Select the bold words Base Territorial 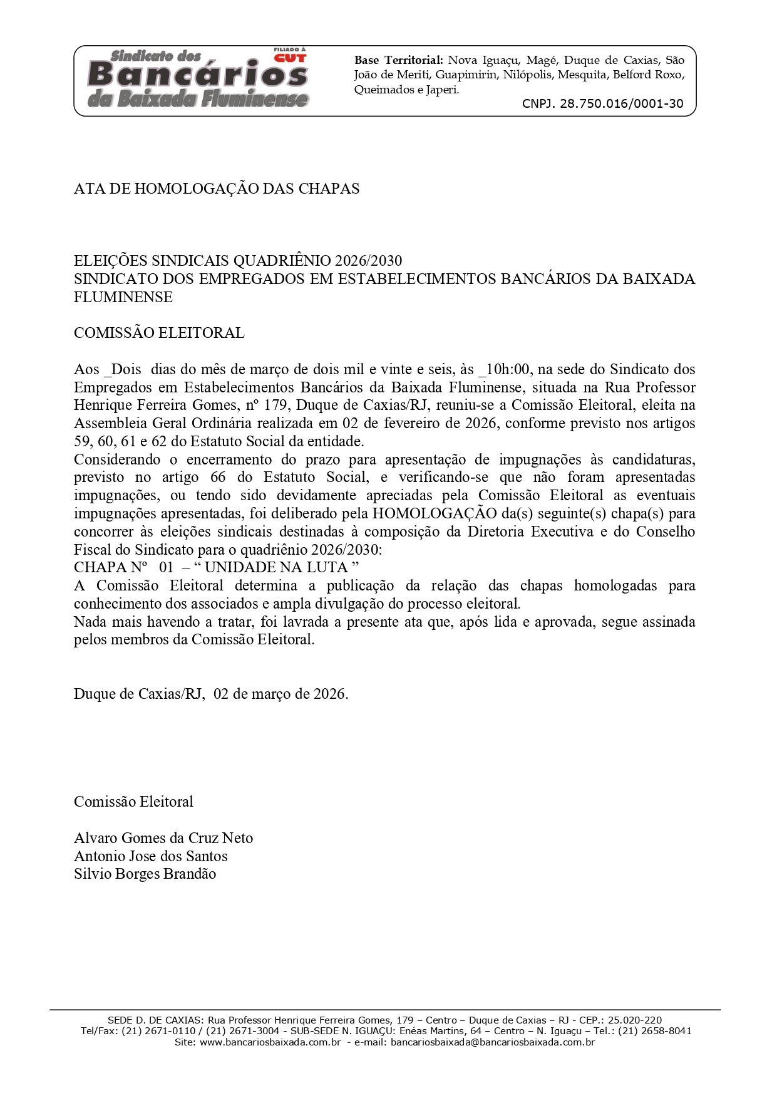[399, 60]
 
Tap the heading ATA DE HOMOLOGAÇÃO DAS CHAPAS [217, 189]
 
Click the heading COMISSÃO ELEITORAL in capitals [159, 333]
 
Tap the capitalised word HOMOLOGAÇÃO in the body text [435, 513]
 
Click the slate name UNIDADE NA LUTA [276, 567]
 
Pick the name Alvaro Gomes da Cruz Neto [163, 838]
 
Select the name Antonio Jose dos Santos [151, 856]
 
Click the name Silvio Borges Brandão [145, 874]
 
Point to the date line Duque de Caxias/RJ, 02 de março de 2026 [211, 694]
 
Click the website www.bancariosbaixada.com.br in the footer [270, 1042]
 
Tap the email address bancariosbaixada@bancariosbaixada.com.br [492, 1042]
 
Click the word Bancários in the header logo [198, 75]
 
